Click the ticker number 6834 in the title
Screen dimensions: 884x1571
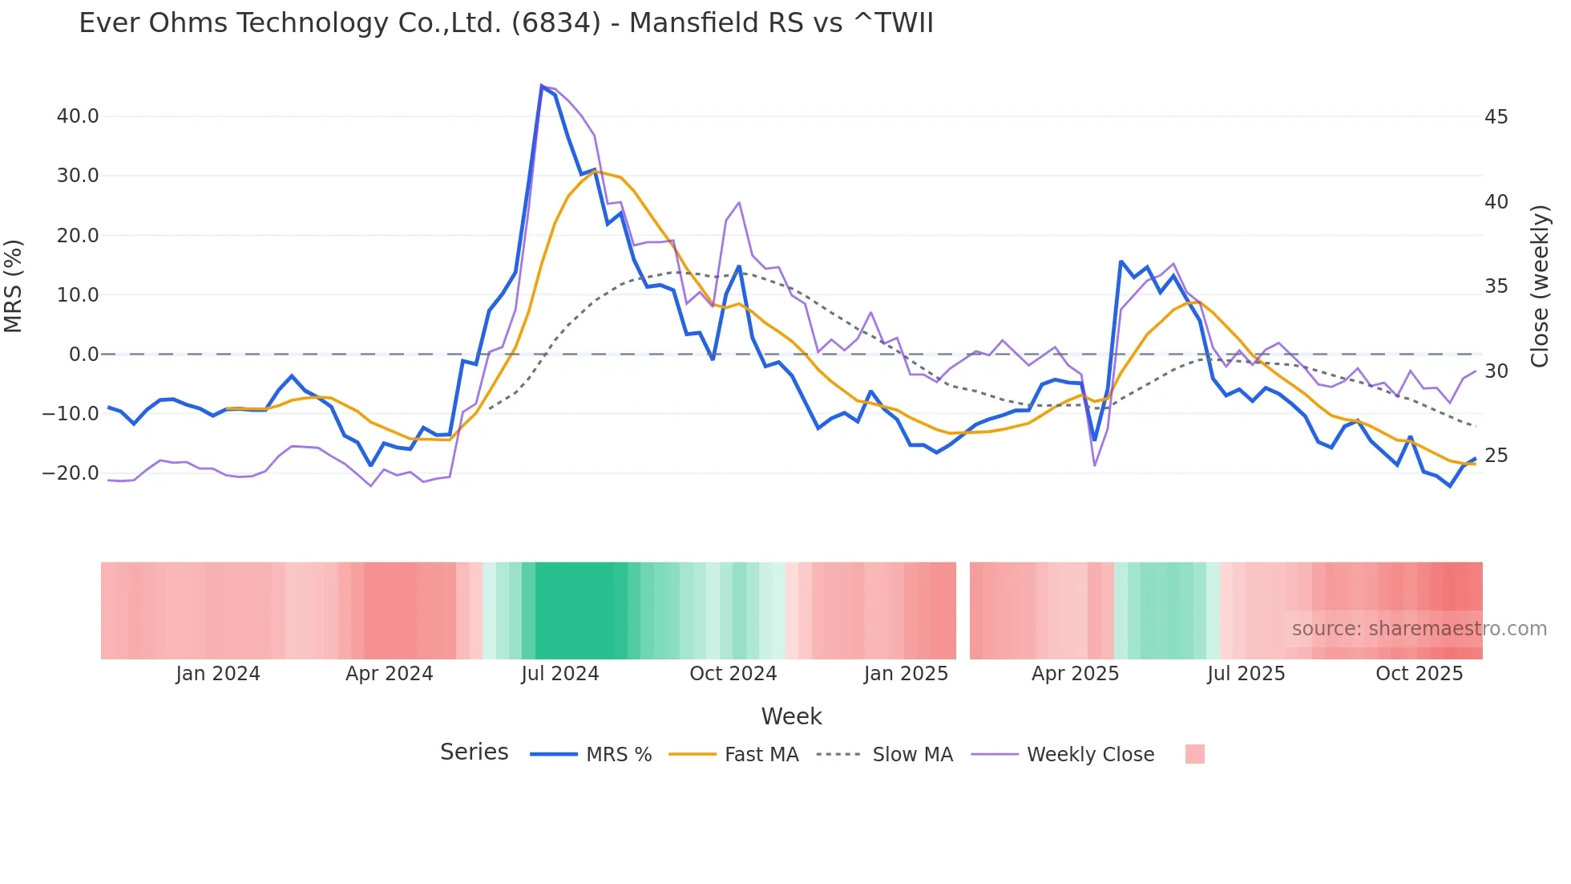tap(555, 23)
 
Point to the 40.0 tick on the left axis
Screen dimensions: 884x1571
tap(78, 116)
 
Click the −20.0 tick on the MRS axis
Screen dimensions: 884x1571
tap(71, 473)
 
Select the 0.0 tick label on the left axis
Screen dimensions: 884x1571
tap(84, 355)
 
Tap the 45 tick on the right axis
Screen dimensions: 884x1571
tap(1496, 117)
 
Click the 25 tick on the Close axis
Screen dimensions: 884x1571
tap(1496, 456)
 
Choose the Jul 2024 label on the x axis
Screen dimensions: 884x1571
tap(559, 674)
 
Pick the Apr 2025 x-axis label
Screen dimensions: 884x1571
tap(1075, 674)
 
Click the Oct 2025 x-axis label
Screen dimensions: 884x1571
tap(1419, 674)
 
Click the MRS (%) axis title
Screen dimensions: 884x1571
tap(14, 286)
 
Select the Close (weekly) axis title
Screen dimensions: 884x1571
tap(1540, 286)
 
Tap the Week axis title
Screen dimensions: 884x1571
tap(791, 716)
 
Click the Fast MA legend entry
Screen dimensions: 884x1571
tap(761, 755)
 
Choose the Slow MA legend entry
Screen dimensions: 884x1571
tap(912, 755)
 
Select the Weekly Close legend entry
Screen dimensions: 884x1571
tap(1090, 755)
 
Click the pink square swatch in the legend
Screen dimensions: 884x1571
tap(1194, 754)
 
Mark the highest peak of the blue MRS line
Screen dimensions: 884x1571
tap(542, 86)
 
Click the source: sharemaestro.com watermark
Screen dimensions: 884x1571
tap(1419, 629)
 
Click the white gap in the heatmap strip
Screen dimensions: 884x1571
tap(963, 610)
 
